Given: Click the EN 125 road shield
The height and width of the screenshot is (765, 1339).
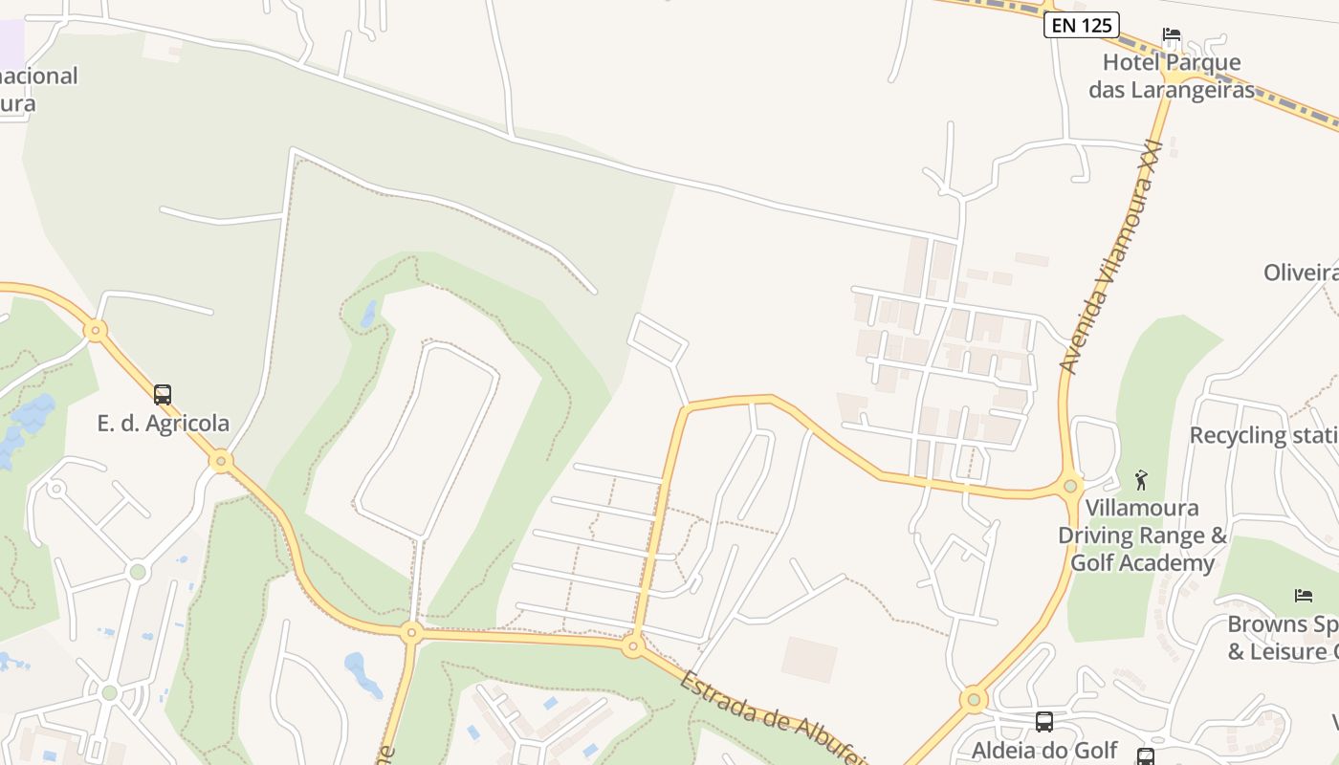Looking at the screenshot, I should pos(1082,26).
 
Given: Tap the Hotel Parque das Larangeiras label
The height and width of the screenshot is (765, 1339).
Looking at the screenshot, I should pos(1172,76).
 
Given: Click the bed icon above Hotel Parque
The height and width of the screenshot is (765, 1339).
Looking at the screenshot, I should pos(1172,35).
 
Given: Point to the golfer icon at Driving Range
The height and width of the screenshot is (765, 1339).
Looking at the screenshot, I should pos(1140,480).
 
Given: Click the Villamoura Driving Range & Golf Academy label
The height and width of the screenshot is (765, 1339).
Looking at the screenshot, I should pos(1142,535).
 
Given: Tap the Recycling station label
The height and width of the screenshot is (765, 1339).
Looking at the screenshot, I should pos(1262,435).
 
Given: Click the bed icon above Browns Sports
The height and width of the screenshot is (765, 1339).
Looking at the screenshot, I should pos(1304,596).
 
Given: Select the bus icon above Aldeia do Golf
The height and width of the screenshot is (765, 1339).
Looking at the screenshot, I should pos(1044,722).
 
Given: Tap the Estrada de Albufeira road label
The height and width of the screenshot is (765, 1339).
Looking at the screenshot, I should pos(775,717).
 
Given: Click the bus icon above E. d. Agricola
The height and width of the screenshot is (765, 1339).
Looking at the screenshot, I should pos(163,395).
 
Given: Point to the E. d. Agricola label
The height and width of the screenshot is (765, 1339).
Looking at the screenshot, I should pos(163,423).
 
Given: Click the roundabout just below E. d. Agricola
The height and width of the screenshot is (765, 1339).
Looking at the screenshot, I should pos(222,462).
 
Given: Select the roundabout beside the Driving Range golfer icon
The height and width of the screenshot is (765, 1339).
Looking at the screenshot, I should pos(1070,485).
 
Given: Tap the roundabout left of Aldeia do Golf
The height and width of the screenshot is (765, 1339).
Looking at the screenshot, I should pos(974,700).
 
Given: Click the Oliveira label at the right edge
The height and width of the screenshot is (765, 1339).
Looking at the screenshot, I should pos(1301,273).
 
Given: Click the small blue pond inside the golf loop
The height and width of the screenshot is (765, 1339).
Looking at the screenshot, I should pos(369,314).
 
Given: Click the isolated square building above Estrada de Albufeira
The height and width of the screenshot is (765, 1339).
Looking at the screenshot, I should pos(809,659).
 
